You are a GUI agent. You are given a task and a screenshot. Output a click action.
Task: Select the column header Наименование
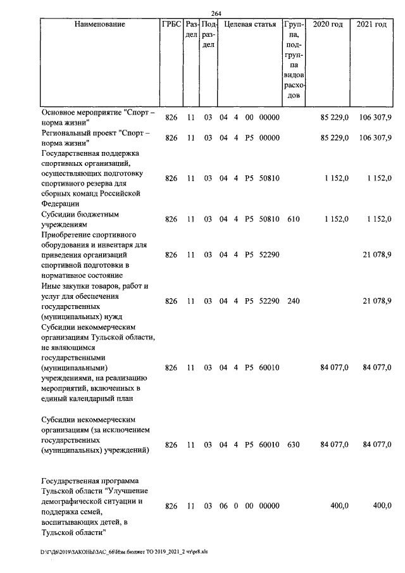click(x=100, y=25)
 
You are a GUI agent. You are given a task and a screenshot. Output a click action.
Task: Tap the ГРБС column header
click(x=171, y=25)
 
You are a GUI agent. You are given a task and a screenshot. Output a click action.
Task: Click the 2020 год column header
click(x=328, y=25)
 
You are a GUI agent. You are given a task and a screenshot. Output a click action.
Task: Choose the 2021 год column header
click(x=371, y=25)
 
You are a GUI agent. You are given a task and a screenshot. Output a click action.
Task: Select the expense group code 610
click(x=293, y=219)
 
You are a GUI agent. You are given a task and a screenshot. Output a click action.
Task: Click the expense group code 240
click(x=293, y=301)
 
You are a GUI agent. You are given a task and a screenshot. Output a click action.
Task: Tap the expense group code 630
click(x=293, y=444)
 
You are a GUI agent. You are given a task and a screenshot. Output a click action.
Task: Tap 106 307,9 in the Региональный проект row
click(x=375, y=137)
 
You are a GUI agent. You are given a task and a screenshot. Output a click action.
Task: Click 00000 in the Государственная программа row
click(x=269, y=506)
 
